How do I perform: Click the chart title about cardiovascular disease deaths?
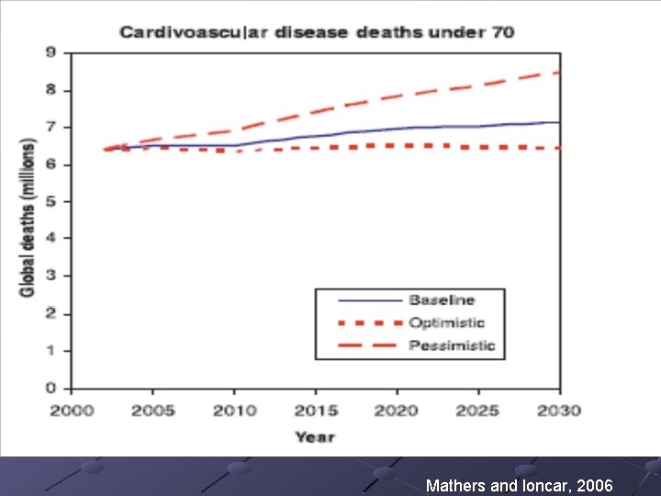(x=317, y=32)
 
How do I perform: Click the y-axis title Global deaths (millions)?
(x=28, y=219)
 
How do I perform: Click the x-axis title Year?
(x=315, y=437)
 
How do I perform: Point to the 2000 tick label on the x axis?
(x=72, y=410)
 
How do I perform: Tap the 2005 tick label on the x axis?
(x=153, y=410)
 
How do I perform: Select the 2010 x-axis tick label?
(x=235, y=410)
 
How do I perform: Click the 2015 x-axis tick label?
(x=317, y=410)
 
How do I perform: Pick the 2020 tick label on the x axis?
(x=398, y=410)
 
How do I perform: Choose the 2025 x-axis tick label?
(x=479, y=410)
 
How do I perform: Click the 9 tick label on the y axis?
(x=51, y=52)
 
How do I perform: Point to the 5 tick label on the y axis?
(x=51, y=201)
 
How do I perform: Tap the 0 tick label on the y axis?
(x=51, y=388)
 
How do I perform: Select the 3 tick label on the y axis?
(x=51, y=276)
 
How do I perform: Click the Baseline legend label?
(x=442, y=300)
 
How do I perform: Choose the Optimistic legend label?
(x=446, y=322)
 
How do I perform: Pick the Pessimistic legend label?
(x=451, y=345)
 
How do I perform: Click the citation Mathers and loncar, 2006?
(x=519, y=485)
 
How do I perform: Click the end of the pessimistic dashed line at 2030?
(x=558, y=72)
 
